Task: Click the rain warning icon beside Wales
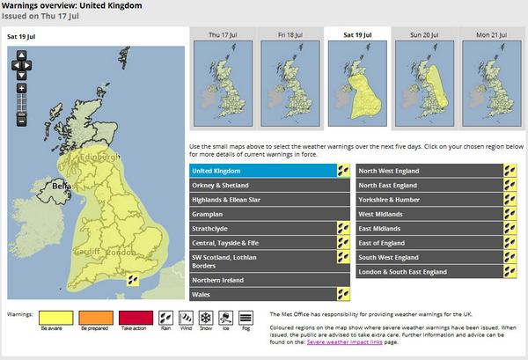[x=342, y=294]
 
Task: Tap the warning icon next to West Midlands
[x=510, y=214]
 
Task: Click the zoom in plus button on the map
[x=21, y=88]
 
